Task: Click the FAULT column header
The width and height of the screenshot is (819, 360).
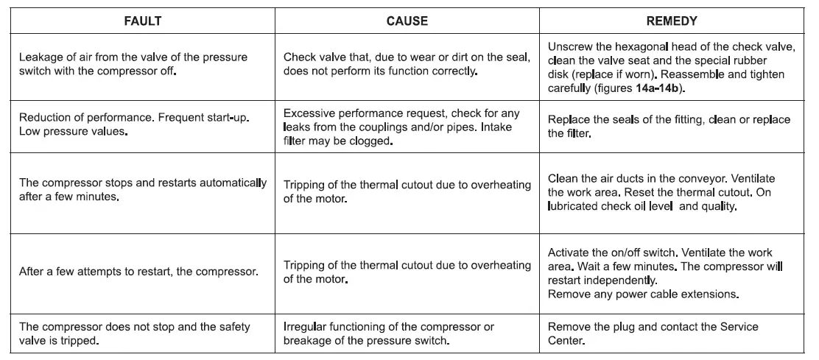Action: click(142, 21)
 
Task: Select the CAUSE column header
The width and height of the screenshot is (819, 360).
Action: click(407, 21)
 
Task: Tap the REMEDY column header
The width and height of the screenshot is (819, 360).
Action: click(672, 21)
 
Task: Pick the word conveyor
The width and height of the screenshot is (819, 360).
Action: click(711, 179)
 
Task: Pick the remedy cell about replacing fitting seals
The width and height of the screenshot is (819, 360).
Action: click(669, 127)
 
